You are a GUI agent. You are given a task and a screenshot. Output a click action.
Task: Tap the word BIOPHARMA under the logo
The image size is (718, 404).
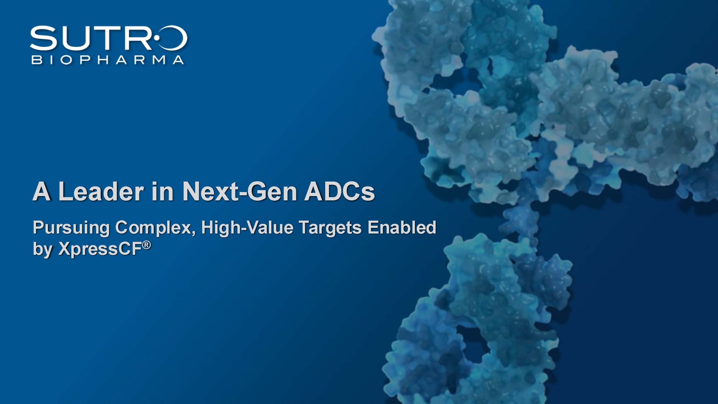(108, 60)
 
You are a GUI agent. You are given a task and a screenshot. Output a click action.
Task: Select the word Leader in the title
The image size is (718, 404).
(101, 191)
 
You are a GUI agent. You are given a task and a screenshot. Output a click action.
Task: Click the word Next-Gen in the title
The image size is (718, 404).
(240, 191)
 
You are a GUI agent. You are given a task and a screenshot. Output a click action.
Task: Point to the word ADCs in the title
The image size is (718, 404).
(340, 191)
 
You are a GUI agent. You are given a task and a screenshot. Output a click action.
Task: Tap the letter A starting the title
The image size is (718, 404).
(42, 191)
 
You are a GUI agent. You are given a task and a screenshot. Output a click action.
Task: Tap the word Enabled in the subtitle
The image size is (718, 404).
(402, 227)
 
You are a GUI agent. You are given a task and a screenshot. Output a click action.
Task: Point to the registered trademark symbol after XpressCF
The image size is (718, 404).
(146, 245)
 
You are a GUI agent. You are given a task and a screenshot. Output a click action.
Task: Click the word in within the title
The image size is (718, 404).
(163, 191)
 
